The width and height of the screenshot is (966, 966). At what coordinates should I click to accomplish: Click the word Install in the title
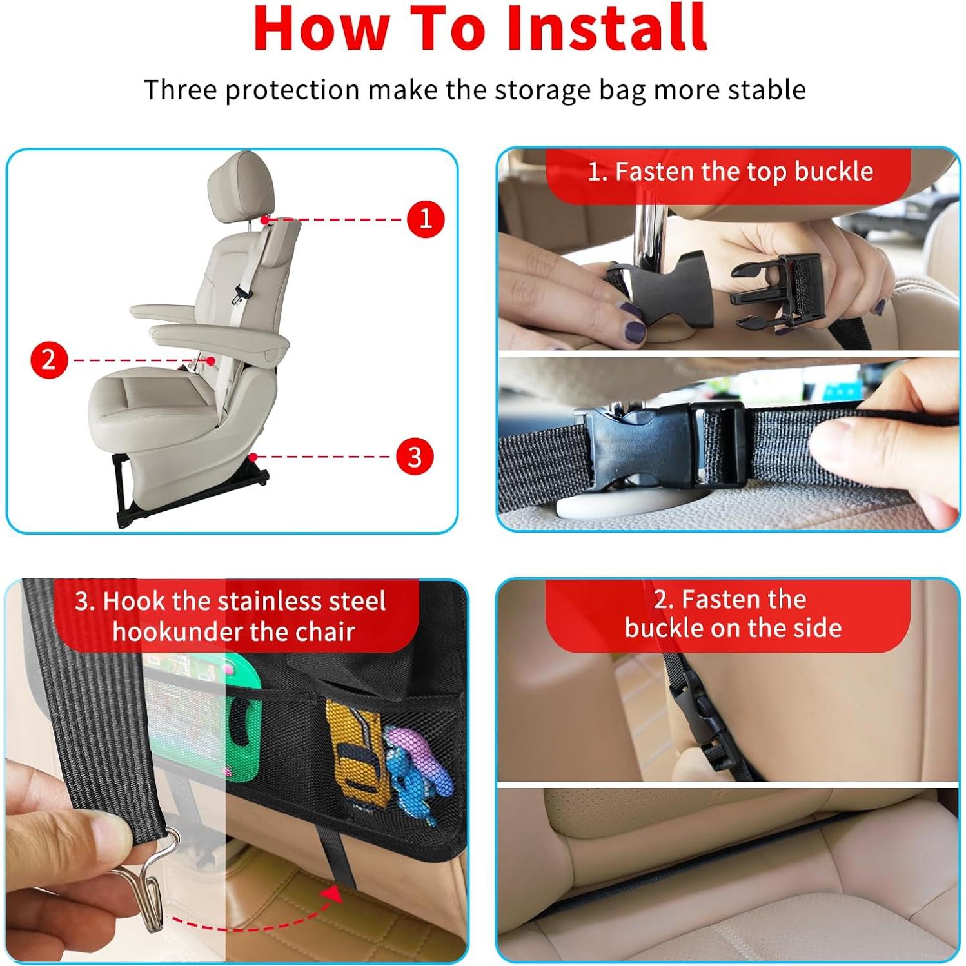[606, 29]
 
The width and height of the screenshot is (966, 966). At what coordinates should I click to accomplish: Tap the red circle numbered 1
[426, 219]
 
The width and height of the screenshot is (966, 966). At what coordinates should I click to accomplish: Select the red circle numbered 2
[49, 359]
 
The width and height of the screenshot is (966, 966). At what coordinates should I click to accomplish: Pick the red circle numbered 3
[414, 457]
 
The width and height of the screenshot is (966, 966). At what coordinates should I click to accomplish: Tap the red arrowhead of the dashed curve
[333, 894]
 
